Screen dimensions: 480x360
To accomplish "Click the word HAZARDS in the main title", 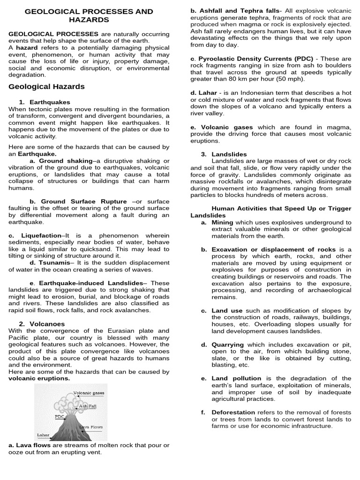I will click(89, 20).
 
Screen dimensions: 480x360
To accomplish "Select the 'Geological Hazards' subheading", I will click(47, 87).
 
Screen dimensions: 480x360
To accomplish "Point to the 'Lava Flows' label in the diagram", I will click(91, 427).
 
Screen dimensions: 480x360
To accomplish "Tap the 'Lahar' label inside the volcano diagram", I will click(43, 435).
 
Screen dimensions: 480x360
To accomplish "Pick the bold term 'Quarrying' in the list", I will click(227, 345).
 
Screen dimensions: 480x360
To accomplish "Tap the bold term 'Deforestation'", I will click(233, 412).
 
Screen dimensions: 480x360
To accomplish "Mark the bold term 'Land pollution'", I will click(238, 378).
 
